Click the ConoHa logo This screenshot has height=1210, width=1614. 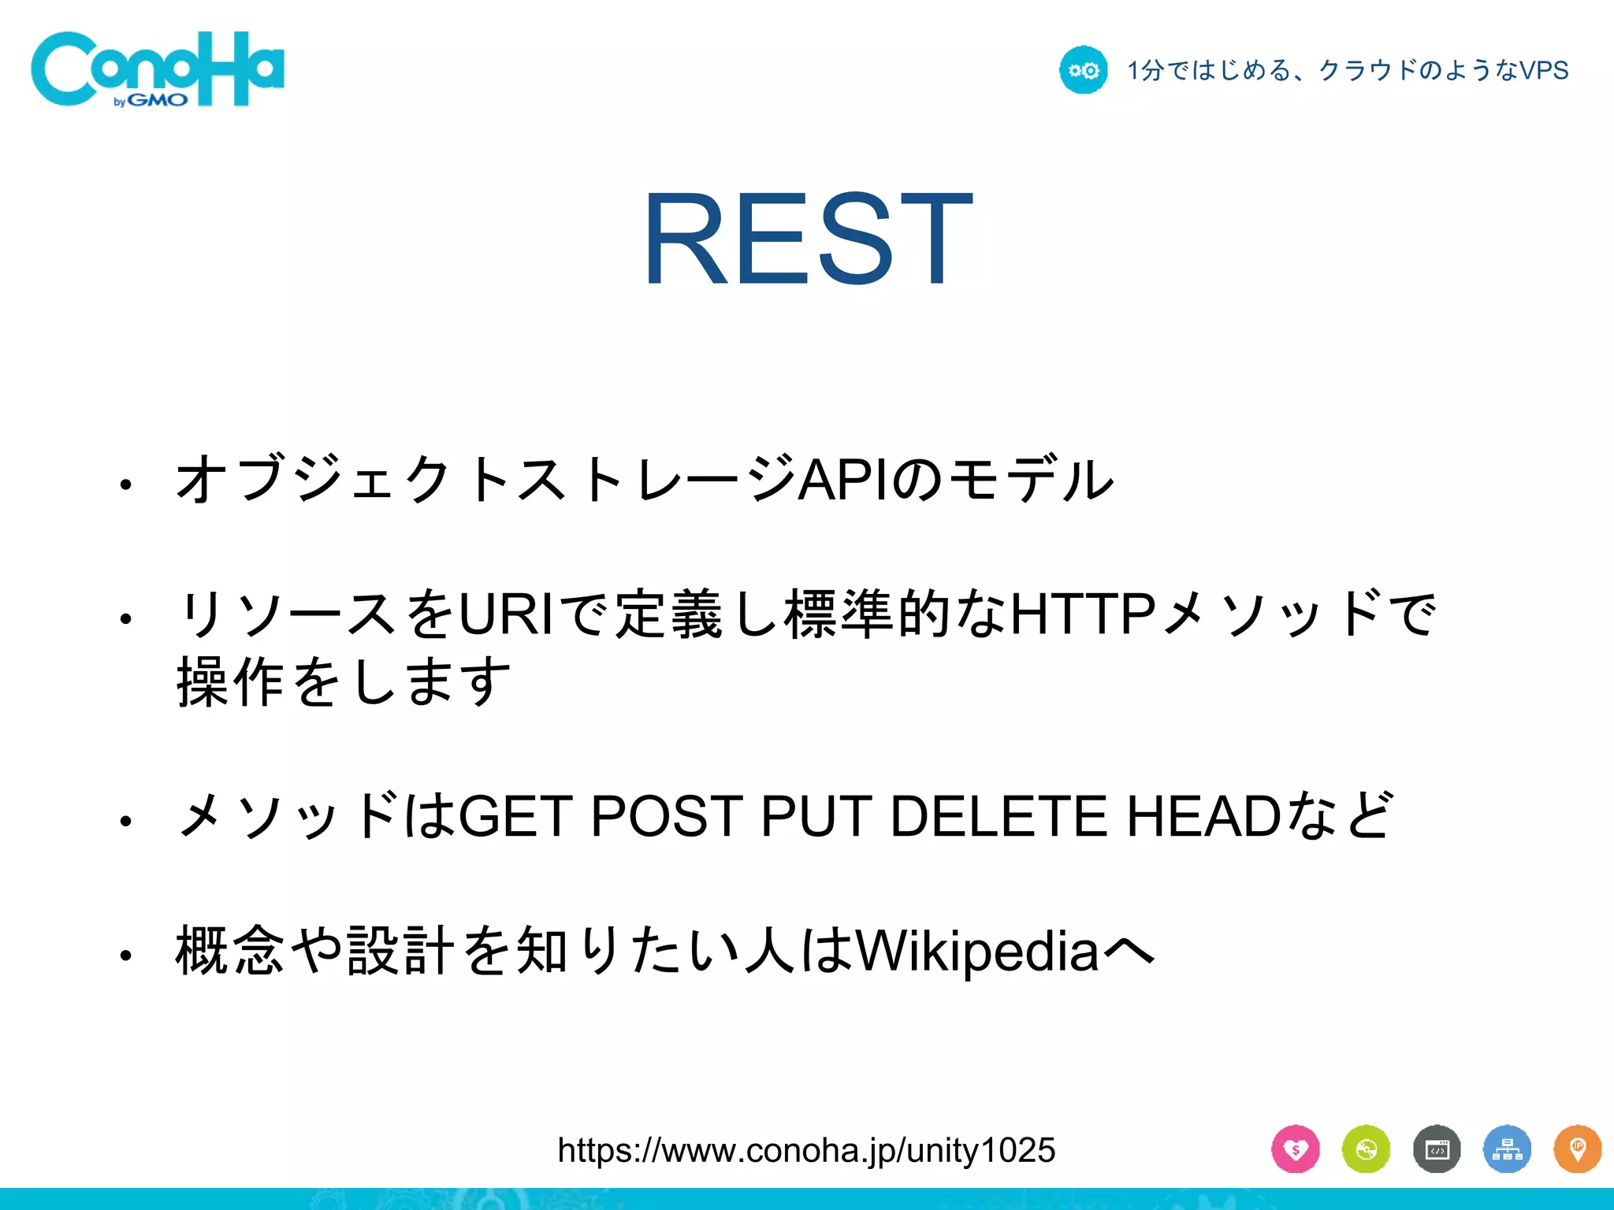point(158,69)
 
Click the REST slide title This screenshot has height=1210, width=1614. point(808,238)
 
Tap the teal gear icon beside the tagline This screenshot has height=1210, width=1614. point(1083,70)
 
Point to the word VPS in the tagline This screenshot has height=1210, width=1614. point(1543,71)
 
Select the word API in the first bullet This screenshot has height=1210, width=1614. point(844,479)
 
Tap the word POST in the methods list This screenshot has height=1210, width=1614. point(667,816)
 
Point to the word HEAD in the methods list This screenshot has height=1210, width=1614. point(1203,816)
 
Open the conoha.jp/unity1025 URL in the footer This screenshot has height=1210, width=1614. point(806,1150)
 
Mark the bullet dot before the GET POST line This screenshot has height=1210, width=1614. point(125,822)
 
